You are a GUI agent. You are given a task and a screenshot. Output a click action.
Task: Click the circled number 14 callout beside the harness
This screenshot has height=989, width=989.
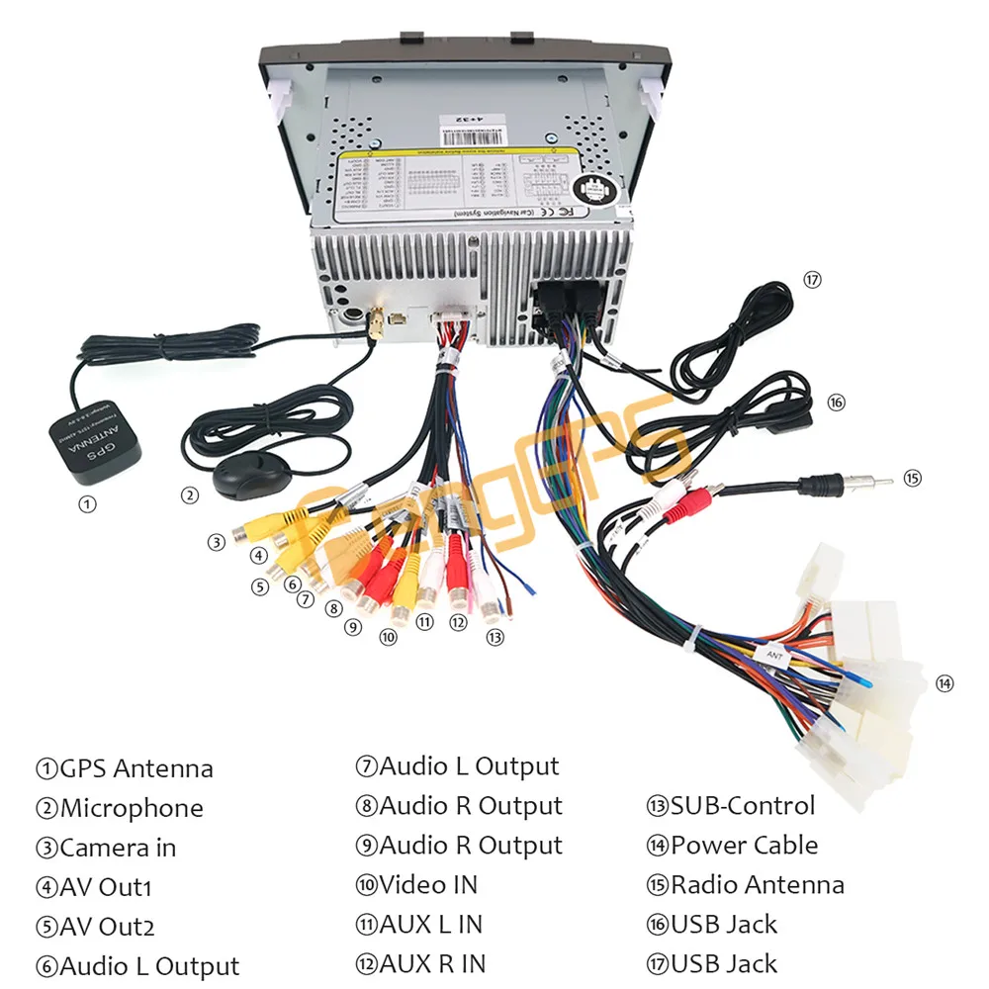point(944,682)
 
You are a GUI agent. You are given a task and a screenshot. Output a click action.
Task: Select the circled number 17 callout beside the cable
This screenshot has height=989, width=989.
point(812,280)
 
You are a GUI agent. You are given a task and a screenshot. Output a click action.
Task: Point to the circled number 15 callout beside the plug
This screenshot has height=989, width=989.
point(912,478)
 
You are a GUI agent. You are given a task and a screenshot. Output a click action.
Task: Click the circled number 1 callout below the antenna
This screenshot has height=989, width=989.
point(89,504)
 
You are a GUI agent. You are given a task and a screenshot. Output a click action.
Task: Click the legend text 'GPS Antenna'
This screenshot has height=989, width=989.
point(136,768)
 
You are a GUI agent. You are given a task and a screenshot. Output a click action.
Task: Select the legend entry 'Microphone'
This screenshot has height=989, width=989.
point(132,808)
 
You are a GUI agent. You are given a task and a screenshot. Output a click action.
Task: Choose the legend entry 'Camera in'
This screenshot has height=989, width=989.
point(118,848)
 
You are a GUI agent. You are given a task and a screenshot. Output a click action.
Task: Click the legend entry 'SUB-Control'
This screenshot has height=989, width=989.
point(743,805)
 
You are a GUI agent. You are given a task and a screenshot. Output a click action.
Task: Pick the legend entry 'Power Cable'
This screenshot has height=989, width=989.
point(744,845)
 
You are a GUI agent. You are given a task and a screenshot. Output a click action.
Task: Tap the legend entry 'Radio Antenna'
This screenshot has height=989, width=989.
point(757,884)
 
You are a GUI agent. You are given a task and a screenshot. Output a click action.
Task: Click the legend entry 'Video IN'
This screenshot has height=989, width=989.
point(428,884)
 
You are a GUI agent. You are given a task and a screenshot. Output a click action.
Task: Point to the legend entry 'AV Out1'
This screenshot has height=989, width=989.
point(106,887)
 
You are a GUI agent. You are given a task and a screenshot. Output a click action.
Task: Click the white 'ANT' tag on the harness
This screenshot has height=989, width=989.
point(772,653)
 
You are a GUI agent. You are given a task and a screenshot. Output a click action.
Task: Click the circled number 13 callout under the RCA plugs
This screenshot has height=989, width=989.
point(494,638)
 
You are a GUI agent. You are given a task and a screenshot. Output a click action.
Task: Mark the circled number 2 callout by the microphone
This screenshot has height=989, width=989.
point(189,495)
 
